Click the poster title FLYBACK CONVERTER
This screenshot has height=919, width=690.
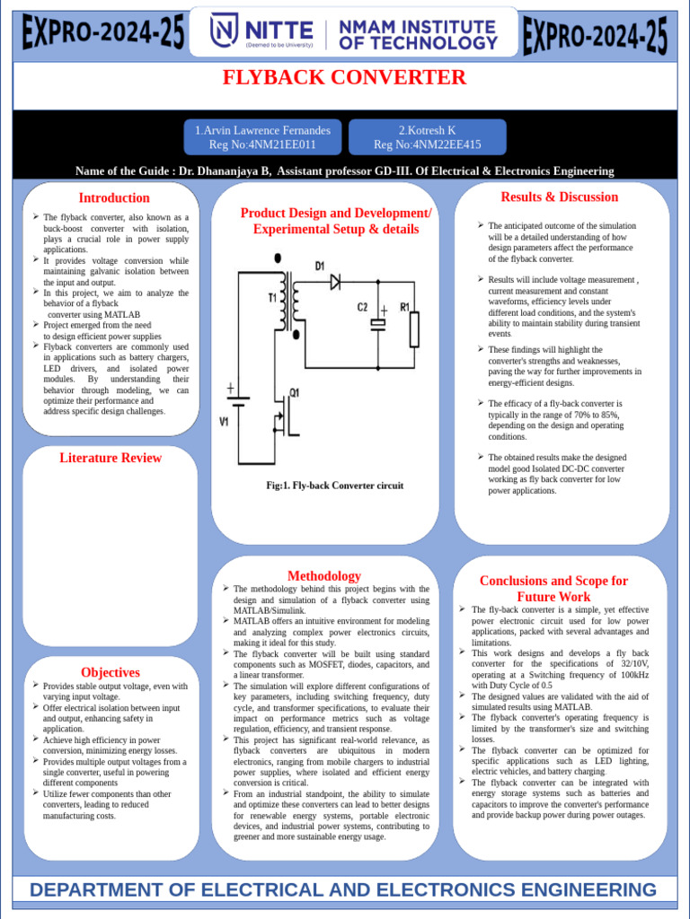pyautogui.click(x=345, y=77)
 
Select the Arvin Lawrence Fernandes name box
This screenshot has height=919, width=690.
pyautogui.click(x=262, y=137)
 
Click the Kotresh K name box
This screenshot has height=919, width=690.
pyautogui.click(x=427, y=137)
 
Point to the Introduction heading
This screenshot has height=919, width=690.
pyautogui.click(x=114, y=197)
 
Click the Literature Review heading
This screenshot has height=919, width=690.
pyautogui.click(x=111, y=458)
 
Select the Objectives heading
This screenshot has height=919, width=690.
pyautogui.click(x=111, y=672)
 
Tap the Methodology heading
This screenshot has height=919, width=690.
pyautogui.click(x=324, y=575)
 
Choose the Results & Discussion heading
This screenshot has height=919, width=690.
pyautogui.click(x=559, y=197)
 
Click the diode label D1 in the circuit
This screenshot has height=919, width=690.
pyautogui.click(x=320, y=267)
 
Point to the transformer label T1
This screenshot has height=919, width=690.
pyautogui.click(x=271, y=298)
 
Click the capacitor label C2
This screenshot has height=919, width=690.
pyautogui.click(x=363, y=307)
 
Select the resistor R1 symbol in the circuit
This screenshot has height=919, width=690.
pyautogui.click(x=414, y=328)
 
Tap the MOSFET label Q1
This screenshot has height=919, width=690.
pyautogui.click(x=294, y=393)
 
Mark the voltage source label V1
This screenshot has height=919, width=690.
pyautogui.click(x=225, y=420)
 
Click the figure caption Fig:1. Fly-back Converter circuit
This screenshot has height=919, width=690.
pyautogui.click(x=335, y=486)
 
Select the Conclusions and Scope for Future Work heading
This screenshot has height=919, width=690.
pyautogui.click(x=553, y=589)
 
